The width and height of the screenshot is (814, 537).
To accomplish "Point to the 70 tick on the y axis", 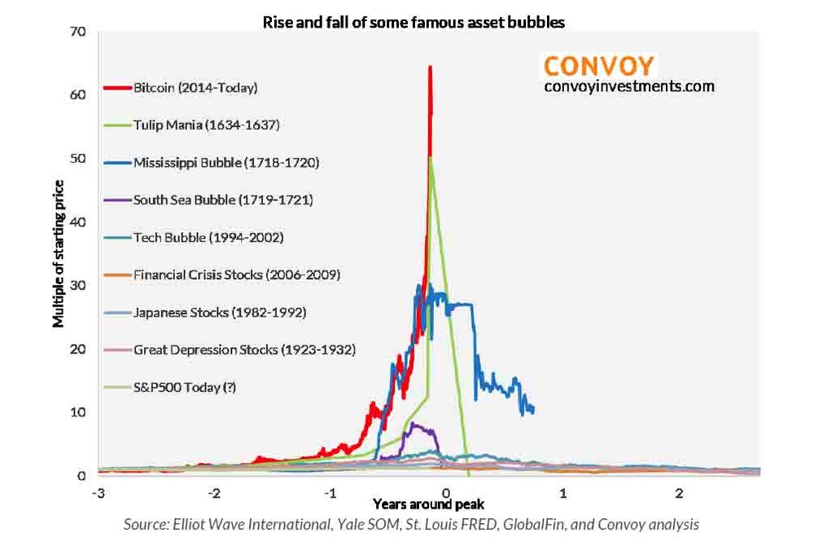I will pos(79,32).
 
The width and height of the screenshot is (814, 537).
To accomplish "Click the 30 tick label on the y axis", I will pos(79,285).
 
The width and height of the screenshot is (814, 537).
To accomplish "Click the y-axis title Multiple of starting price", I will pos(59,253).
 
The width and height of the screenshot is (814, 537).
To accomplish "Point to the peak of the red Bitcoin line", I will pos(429,67).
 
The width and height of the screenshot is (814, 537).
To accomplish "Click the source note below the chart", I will pos(411,524).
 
